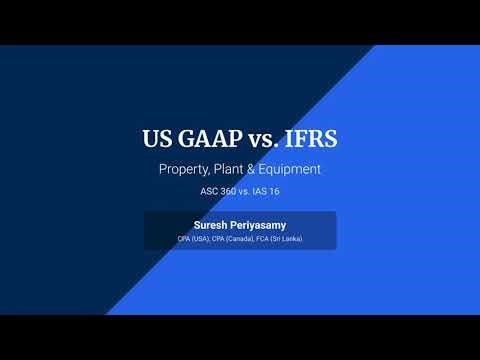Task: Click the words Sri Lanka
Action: pos(288,239)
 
